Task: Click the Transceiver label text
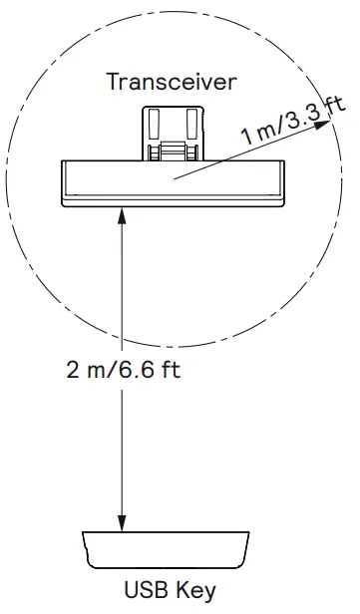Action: tap(172, 82)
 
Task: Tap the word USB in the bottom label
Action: tap(144, 589)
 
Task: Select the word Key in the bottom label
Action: tap(196, 589)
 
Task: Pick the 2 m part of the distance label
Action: tap(86, 372)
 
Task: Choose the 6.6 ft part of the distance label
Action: tap(150, 372)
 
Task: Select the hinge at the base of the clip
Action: tap(173, 153)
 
